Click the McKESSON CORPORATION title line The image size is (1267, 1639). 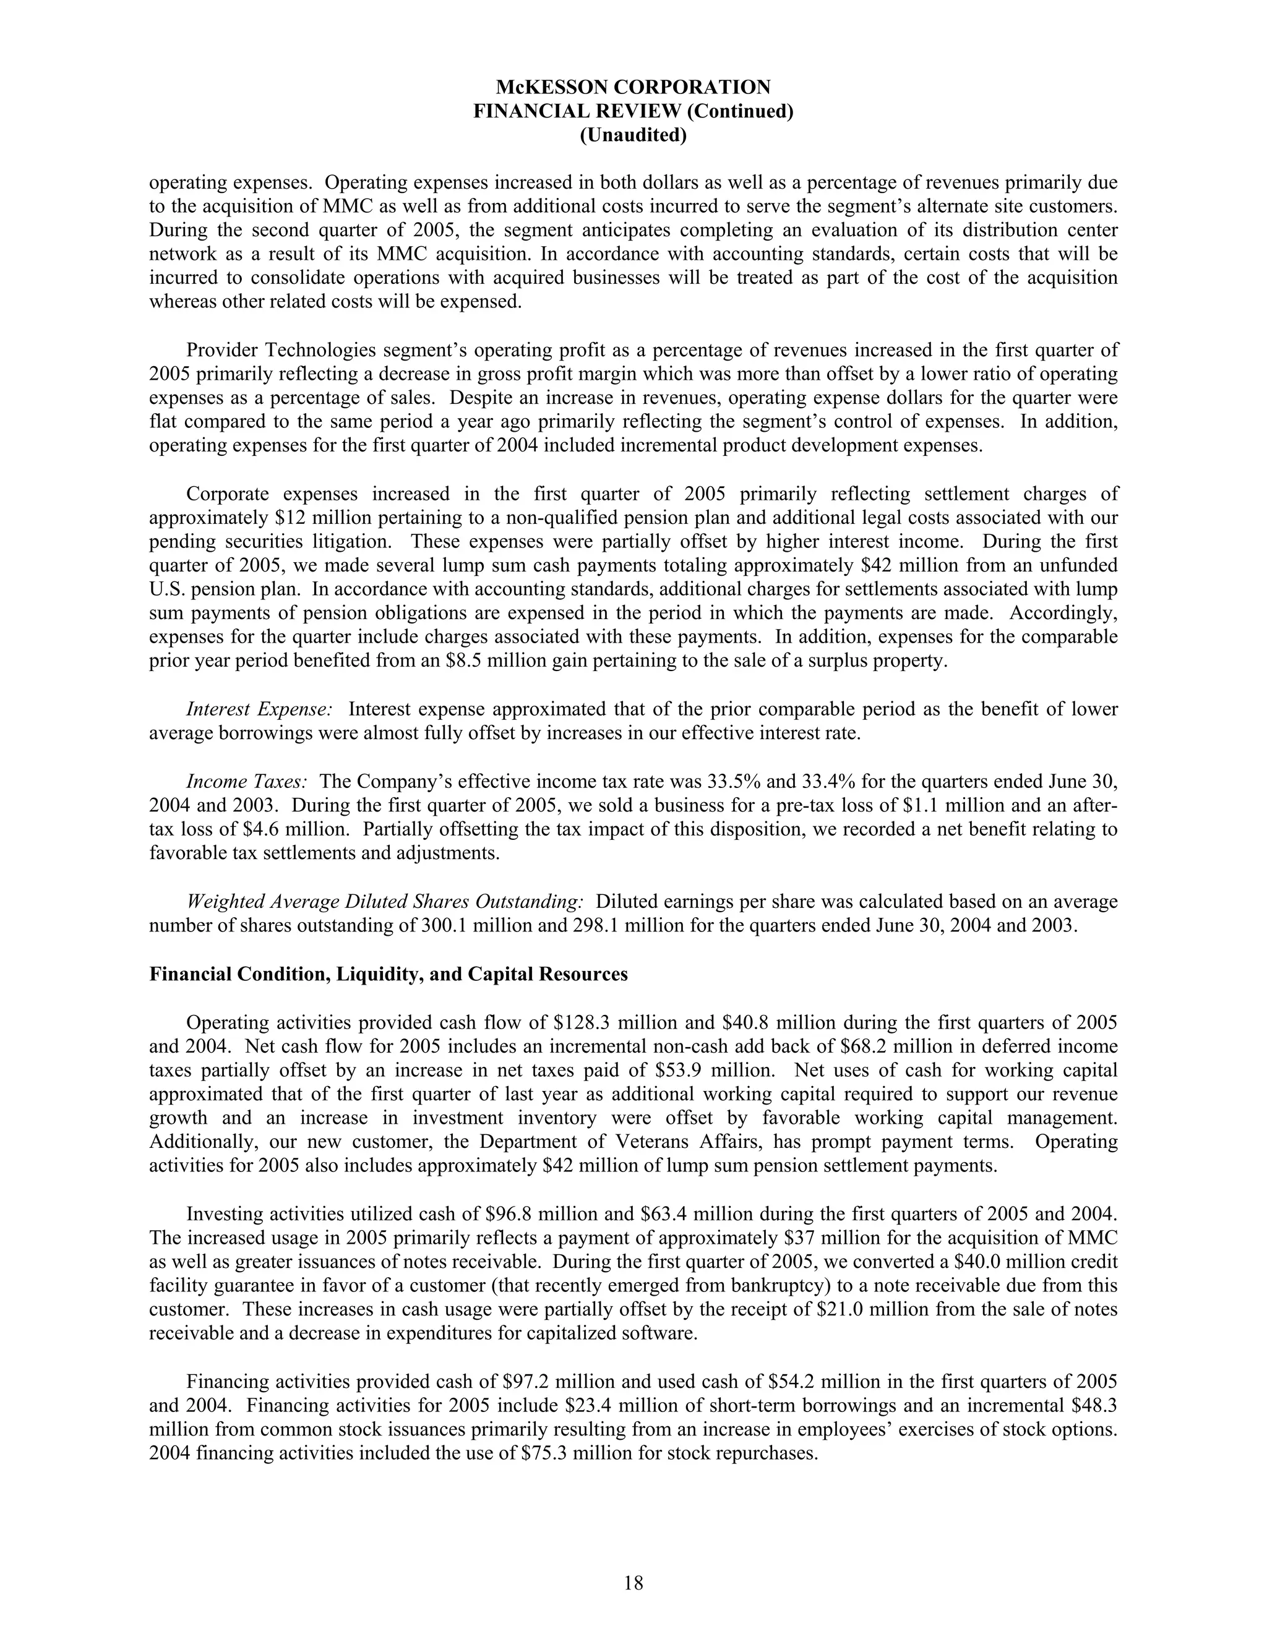pyautogui.click(x=633, y=87)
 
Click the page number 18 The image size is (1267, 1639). pyautogui.click(x=633, y=1583)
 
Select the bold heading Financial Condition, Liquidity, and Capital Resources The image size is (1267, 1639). pyautogui.click(x=388, y=974)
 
